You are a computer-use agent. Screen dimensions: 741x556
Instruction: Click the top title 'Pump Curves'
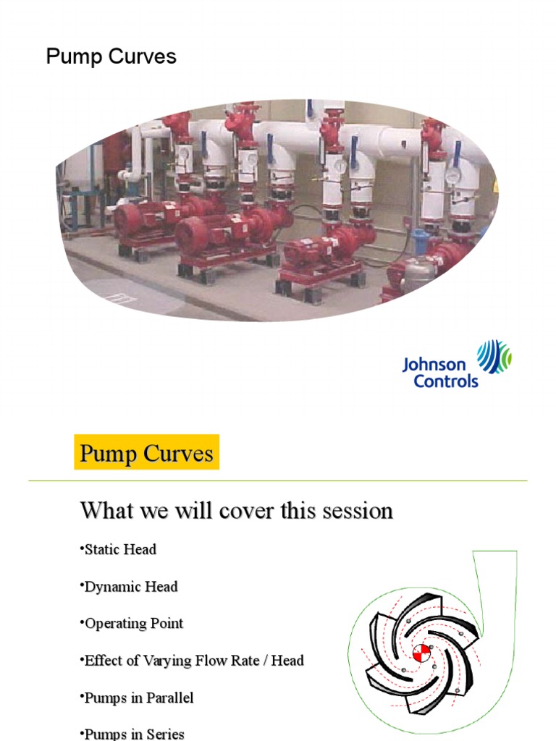pyautogui.click(x=111, y=57)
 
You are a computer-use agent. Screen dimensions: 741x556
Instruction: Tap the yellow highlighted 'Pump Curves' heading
pyautogui.click(x=146, y=454)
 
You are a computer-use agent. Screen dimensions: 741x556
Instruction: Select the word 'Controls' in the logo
pyautogui.click(x=446, y=381)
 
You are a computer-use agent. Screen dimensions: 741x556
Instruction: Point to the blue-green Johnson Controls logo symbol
pyautogui.click(x=494, y=357)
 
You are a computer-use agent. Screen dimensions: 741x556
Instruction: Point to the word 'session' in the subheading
pyautogui.click(x=356, y=511)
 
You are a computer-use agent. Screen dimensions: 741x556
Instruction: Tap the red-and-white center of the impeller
pyautogui.click(x=421, y=653)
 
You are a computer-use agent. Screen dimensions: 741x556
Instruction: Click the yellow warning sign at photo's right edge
pyautogui.click(x=495, y=187)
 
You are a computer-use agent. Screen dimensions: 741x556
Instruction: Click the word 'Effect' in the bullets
pyautogui.click(x=104, y=661)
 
